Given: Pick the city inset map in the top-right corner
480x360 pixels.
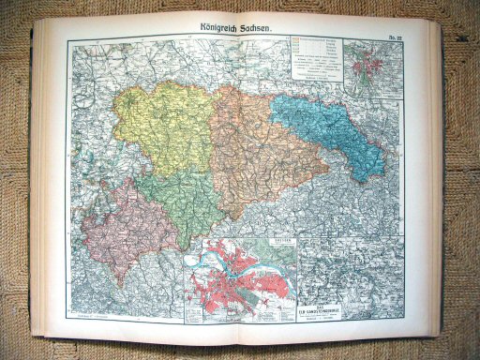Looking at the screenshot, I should (x=373, y=67).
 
